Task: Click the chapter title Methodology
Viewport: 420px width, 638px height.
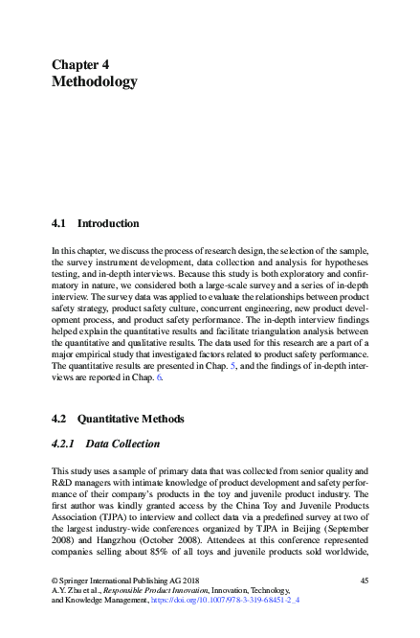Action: [x=94, y=82]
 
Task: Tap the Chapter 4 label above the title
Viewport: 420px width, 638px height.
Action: [x=80, y=64]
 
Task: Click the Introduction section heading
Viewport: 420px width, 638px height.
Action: [x=108, y=223]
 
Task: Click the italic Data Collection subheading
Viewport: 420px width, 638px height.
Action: [x=122, y=444]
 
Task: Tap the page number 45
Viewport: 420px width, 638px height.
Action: [x=364, y=581]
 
